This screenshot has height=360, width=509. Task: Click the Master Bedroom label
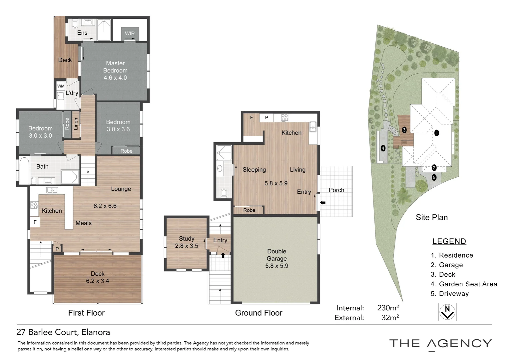point(115,67)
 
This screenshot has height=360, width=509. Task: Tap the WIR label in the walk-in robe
point(130,33)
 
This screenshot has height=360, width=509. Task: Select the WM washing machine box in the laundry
point(61,86)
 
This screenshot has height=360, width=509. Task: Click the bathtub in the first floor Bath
point(24,170)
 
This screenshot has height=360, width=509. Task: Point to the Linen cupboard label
point(76,124)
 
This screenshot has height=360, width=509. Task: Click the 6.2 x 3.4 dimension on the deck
point(98,281)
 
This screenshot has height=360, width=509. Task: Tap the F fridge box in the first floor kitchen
point(35,222)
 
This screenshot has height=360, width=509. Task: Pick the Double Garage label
point(276,255)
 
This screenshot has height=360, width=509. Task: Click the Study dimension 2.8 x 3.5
point(187,246)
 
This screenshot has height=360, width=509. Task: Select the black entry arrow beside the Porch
point(323,202)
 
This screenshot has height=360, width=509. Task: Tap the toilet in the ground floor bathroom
point(224,193)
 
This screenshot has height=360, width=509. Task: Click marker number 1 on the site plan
point(437,133)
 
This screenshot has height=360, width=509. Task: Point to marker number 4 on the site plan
point(383,148)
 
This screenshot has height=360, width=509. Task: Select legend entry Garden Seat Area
point(468,284)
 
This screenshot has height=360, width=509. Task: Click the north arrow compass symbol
point(447,312)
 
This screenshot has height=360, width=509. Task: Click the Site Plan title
point(432,217)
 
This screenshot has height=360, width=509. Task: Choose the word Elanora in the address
point(96,332)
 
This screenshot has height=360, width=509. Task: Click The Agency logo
point(440,344)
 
